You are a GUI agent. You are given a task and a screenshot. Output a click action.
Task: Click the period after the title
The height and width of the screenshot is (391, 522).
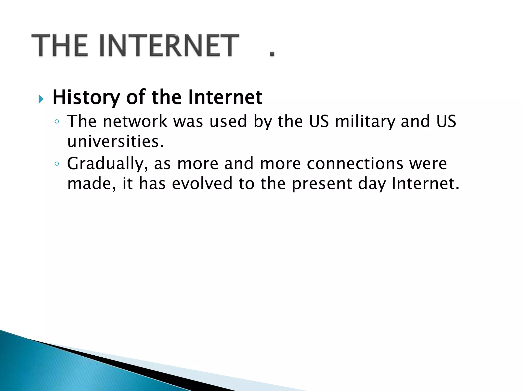[x=272, y=54]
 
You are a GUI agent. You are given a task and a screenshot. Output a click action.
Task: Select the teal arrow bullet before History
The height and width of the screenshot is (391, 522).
[x=41, y=99]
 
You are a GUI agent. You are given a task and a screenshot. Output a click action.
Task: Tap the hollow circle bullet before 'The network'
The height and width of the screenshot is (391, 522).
[x=57, y=122]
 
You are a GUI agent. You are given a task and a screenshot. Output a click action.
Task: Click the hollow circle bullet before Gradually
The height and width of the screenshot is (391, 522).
[x=57, y=164]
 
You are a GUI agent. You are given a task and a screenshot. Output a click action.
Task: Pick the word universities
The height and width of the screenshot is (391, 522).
[x=115, y=142]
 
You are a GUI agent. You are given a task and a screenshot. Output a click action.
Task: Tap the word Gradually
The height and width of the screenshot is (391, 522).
[x=107, y=164]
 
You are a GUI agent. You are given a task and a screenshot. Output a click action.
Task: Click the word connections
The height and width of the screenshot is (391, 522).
[x=355, y=164]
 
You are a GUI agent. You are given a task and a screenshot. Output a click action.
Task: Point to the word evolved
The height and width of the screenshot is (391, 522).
[x=202, y=184]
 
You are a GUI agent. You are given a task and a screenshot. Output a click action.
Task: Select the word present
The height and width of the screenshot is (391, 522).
[x=322, y=184]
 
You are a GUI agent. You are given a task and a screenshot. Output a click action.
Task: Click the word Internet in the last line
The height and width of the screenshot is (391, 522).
[x=425, y=184]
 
